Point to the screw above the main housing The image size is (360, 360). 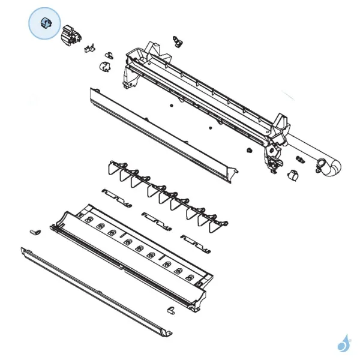[x=176, y=40]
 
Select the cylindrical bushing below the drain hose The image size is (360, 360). [x=293, y=175]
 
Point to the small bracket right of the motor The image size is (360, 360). [x=90, y=48]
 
